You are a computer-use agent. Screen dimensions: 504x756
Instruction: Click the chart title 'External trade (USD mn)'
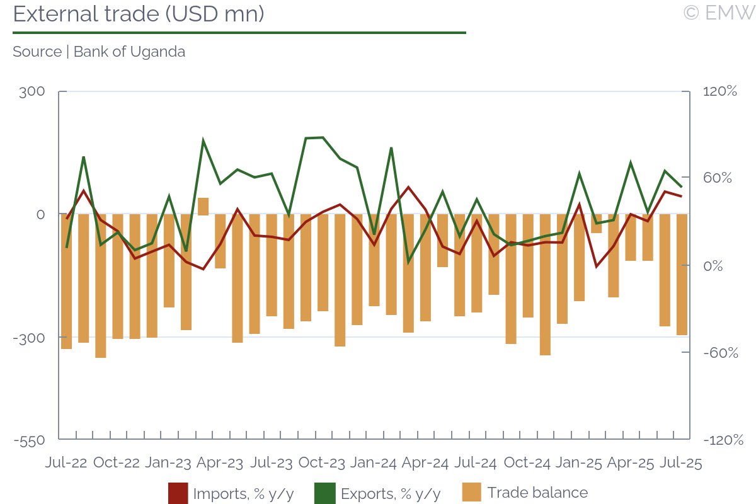click(138, 14)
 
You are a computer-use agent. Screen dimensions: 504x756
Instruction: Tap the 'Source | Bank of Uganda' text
click(99, 52)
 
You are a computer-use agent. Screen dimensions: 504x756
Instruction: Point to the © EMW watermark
click(718, 13)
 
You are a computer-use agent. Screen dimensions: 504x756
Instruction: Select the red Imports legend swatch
click(178, 493)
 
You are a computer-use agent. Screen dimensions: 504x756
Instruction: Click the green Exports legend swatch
click(326, 493)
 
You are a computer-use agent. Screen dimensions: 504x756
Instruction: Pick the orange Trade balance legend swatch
click(472, 493)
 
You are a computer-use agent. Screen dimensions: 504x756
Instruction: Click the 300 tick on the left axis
click(32, 92)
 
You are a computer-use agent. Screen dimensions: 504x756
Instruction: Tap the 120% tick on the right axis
click(720, 92)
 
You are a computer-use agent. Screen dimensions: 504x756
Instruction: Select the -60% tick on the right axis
click(720, 353)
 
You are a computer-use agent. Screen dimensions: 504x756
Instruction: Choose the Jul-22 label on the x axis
click(66, 463)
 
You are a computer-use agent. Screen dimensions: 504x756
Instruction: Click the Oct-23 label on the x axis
click(321, 463)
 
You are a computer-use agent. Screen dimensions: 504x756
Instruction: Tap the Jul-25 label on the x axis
click(681, 463)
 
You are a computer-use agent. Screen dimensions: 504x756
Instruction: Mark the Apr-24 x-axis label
click(425, 463)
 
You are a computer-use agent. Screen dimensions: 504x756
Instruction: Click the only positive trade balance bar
click(203, 206)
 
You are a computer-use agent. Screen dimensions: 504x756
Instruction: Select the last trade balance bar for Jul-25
click(682, 275)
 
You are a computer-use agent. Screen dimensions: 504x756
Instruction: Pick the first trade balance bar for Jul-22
click(66, 282)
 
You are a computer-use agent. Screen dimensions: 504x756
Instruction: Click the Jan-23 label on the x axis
click(168, 463)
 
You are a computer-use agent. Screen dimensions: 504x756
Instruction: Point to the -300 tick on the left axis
click(30, 338)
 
